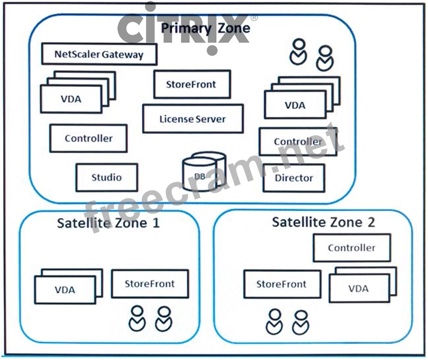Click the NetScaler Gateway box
pyautogui.click(x=99, y=54)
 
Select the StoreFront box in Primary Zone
pyautogui.click(x=192, y=84)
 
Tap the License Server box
pyautogui.click(x=193, y=119)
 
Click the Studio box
pyautogui.click(x=107, y=177)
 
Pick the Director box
pyautogui.click(x=294, y=178)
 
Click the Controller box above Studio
pyautogui.click(x=88, y=138)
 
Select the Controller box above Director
pyautogui.click(x=298, y=142)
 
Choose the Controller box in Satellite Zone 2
pyautogui.click(x=351, y=247)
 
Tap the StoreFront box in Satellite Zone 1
pyautogui.click(x=149, y=283)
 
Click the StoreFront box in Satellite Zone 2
pyautogui.click(x=282, y=284)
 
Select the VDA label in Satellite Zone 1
pyautogui.click(x=65, y=290)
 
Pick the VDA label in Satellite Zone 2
pyautogui.click(x=358, y=288)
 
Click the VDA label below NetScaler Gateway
pyautogui.click(x=71, y=99)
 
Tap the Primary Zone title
pyautogui.click(x=205, y=28)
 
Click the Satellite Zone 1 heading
pyautogui.click(x=108, y=223)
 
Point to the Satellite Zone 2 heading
pyautogui.click(x=323, y=222)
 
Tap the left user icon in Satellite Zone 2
pyautogui.click(x=274, y=321)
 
